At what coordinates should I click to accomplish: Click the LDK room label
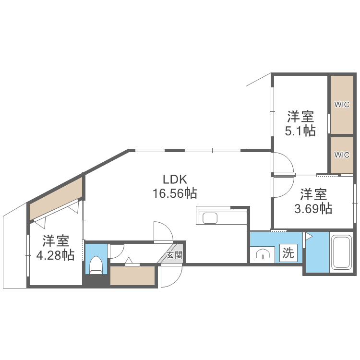tap(171, 179)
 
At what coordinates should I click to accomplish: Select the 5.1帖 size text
tap(300, 131)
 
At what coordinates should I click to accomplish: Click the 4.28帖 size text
tap(56, 254)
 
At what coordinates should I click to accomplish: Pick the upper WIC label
tap(342, 105)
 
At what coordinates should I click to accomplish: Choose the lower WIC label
tap(342, 155)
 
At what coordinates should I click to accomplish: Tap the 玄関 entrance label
tap(174, 255)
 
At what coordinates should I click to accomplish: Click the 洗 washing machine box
tap(288, 253)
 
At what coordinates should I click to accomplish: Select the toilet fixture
tap(96, 264)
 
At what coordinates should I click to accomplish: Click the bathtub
tap(343, 252)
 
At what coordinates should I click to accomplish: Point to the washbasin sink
tap(262, 254)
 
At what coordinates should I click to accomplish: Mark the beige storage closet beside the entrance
tap(133, 276)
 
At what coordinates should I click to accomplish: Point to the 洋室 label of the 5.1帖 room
tap(300, 116)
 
